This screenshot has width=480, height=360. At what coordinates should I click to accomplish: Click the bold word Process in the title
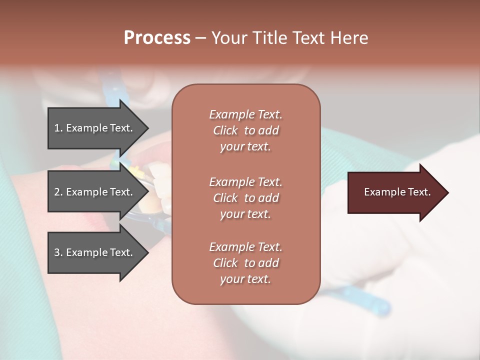157,37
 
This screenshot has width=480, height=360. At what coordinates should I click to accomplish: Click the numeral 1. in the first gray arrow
58,128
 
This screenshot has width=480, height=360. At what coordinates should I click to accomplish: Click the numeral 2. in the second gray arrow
58,192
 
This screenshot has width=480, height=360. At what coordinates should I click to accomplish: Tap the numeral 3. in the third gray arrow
58,252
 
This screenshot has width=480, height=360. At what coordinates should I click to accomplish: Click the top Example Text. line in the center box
245,114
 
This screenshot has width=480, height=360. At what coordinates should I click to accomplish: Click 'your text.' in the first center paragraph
245,146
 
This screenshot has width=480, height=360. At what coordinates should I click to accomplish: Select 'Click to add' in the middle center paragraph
245,198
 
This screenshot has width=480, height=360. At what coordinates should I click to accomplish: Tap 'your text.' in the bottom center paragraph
245,279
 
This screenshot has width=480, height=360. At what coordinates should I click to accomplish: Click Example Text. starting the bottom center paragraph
245,247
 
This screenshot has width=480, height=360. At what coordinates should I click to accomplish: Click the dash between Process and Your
200,38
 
